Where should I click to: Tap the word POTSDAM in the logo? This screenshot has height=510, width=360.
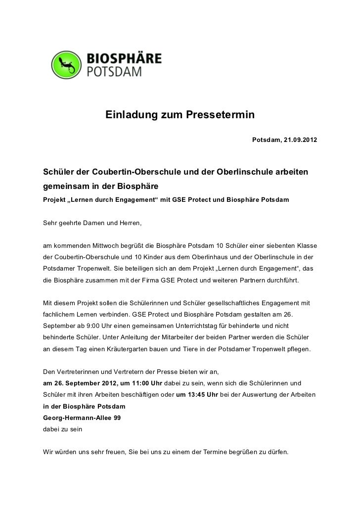114,72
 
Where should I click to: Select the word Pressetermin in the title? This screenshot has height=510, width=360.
220,115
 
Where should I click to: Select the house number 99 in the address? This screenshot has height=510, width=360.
117,418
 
